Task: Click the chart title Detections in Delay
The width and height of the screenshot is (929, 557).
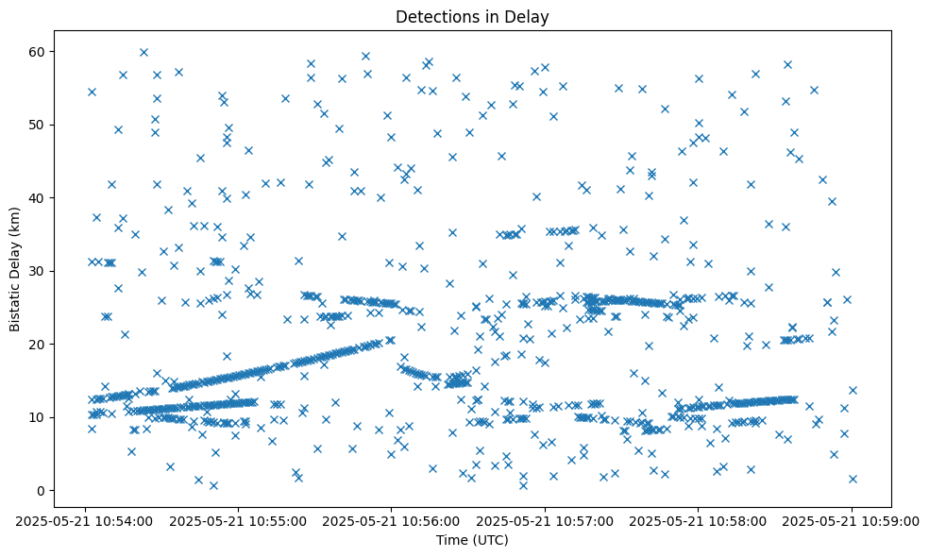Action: [472, 17]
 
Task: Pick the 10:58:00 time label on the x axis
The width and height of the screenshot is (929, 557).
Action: [699, 520]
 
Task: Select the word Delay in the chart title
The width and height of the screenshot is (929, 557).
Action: [531, 17]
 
